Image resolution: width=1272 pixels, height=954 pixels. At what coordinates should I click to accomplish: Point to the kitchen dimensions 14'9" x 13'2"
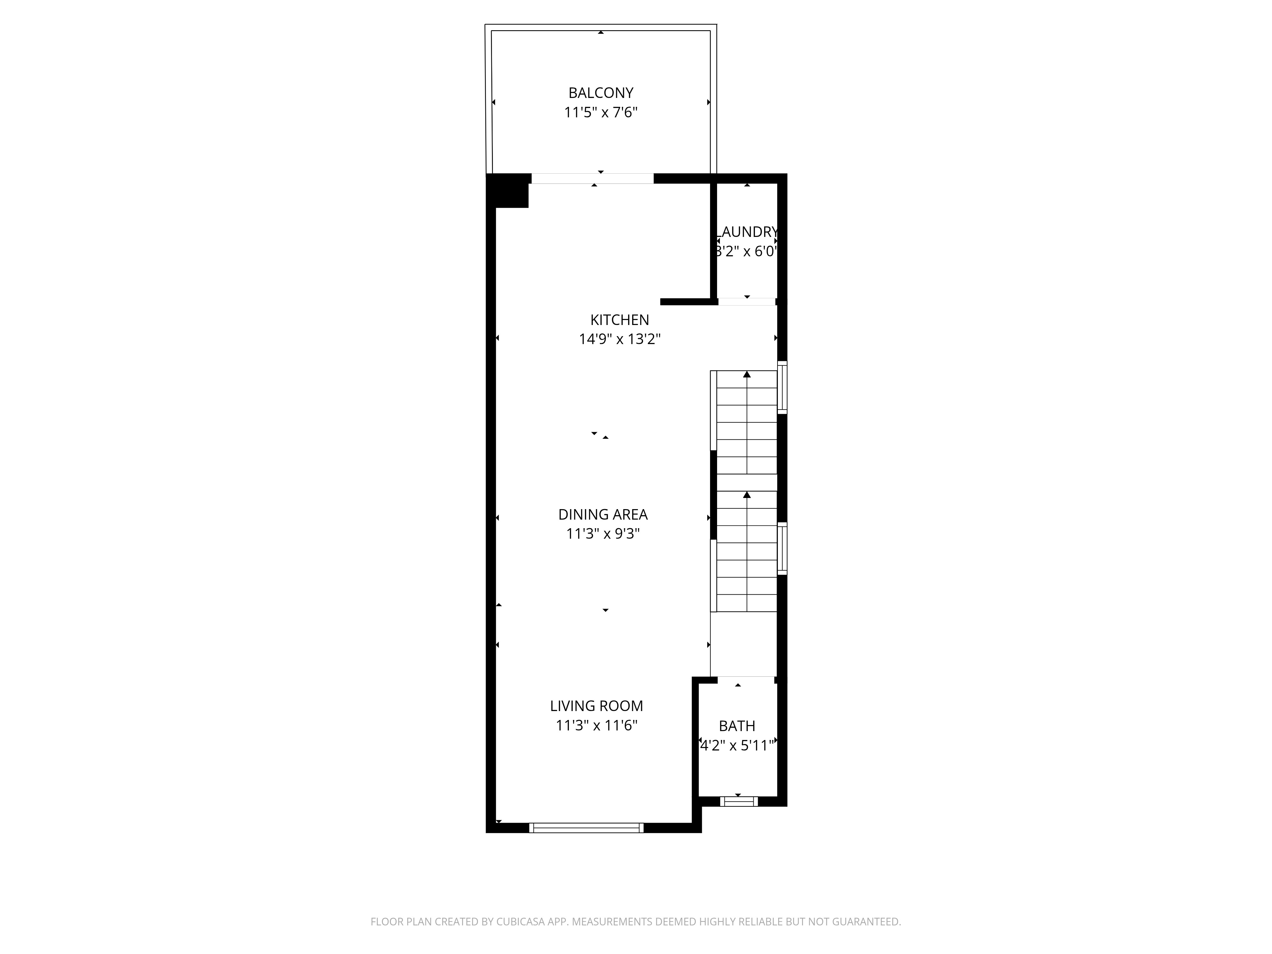point(619,339)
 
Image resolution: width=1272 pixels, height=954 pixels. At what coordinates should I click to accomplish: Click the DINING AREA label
point(603,514)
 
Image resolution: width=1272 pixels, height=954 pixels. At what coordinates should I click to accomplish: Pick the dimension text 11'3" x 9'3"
point(603,534)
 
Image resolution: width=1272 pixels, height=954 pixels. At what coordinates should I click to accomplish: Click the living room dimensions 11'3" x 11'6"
point(596,725)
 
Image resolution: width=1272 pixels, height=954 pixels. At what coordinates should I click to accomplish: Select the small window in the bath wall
point(739,801)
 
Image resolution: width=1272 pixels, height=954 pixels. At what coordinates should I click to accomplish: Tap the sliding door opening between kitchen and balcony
point(592,179)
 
